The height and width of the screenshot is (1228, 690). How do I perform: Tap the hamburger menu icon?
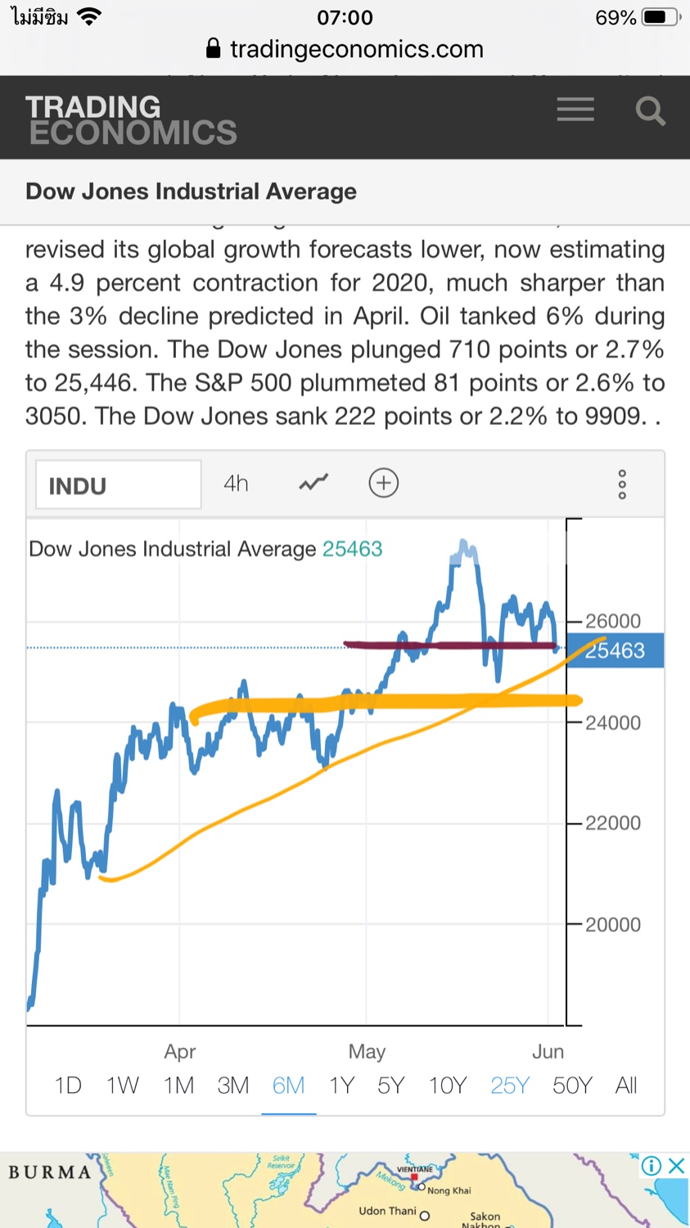(x=575, y=110)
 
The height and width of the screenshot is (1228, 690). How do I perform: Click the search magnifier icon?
(x=650, y=111)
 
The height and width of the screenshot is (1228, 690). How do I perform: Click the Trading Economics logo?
(x=131, y=120)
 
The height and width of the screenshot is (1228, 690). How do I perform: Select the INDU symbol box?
(x=118, y=485)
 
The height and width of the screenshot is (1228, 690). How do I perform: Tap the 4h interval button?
(x=236, y=484)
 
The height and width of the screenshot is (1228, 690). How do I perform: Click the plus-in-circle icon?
(x=383, y=483)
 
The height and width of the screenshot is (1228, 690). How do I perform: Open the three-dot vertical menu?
(x=622, y=485)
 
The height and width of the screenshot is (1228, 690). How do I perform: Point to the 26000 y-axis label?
(x=613, y=621)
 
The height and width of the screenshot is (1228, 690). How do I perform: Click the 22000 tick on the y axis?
(x=613, y=824)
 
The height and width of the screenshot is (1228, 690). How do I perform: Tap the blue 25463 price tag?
(x=616, y=651)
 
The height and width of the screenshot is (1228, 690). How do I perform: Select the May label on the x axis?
(x=367, y=1051)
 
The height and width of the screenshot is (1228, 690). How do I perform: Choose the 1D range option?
(x=68, y=1086)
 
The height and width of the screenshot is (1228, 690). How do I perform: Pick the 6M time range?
(x=288, y=1086)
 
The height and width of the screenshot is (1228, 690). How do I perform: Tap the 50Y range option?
(x=572, y=1086)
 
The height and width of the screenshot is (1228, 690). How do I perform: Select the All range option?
(x=626, y=1086)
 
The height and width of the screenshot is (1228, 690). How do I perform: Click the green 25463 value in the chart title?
(x=352, y=549)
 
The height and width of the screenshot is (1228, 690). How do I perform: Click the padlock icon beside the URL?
(x=213, y=49)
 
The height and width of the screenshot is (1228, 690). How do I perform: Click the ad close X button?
(x=676, y=1166)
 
